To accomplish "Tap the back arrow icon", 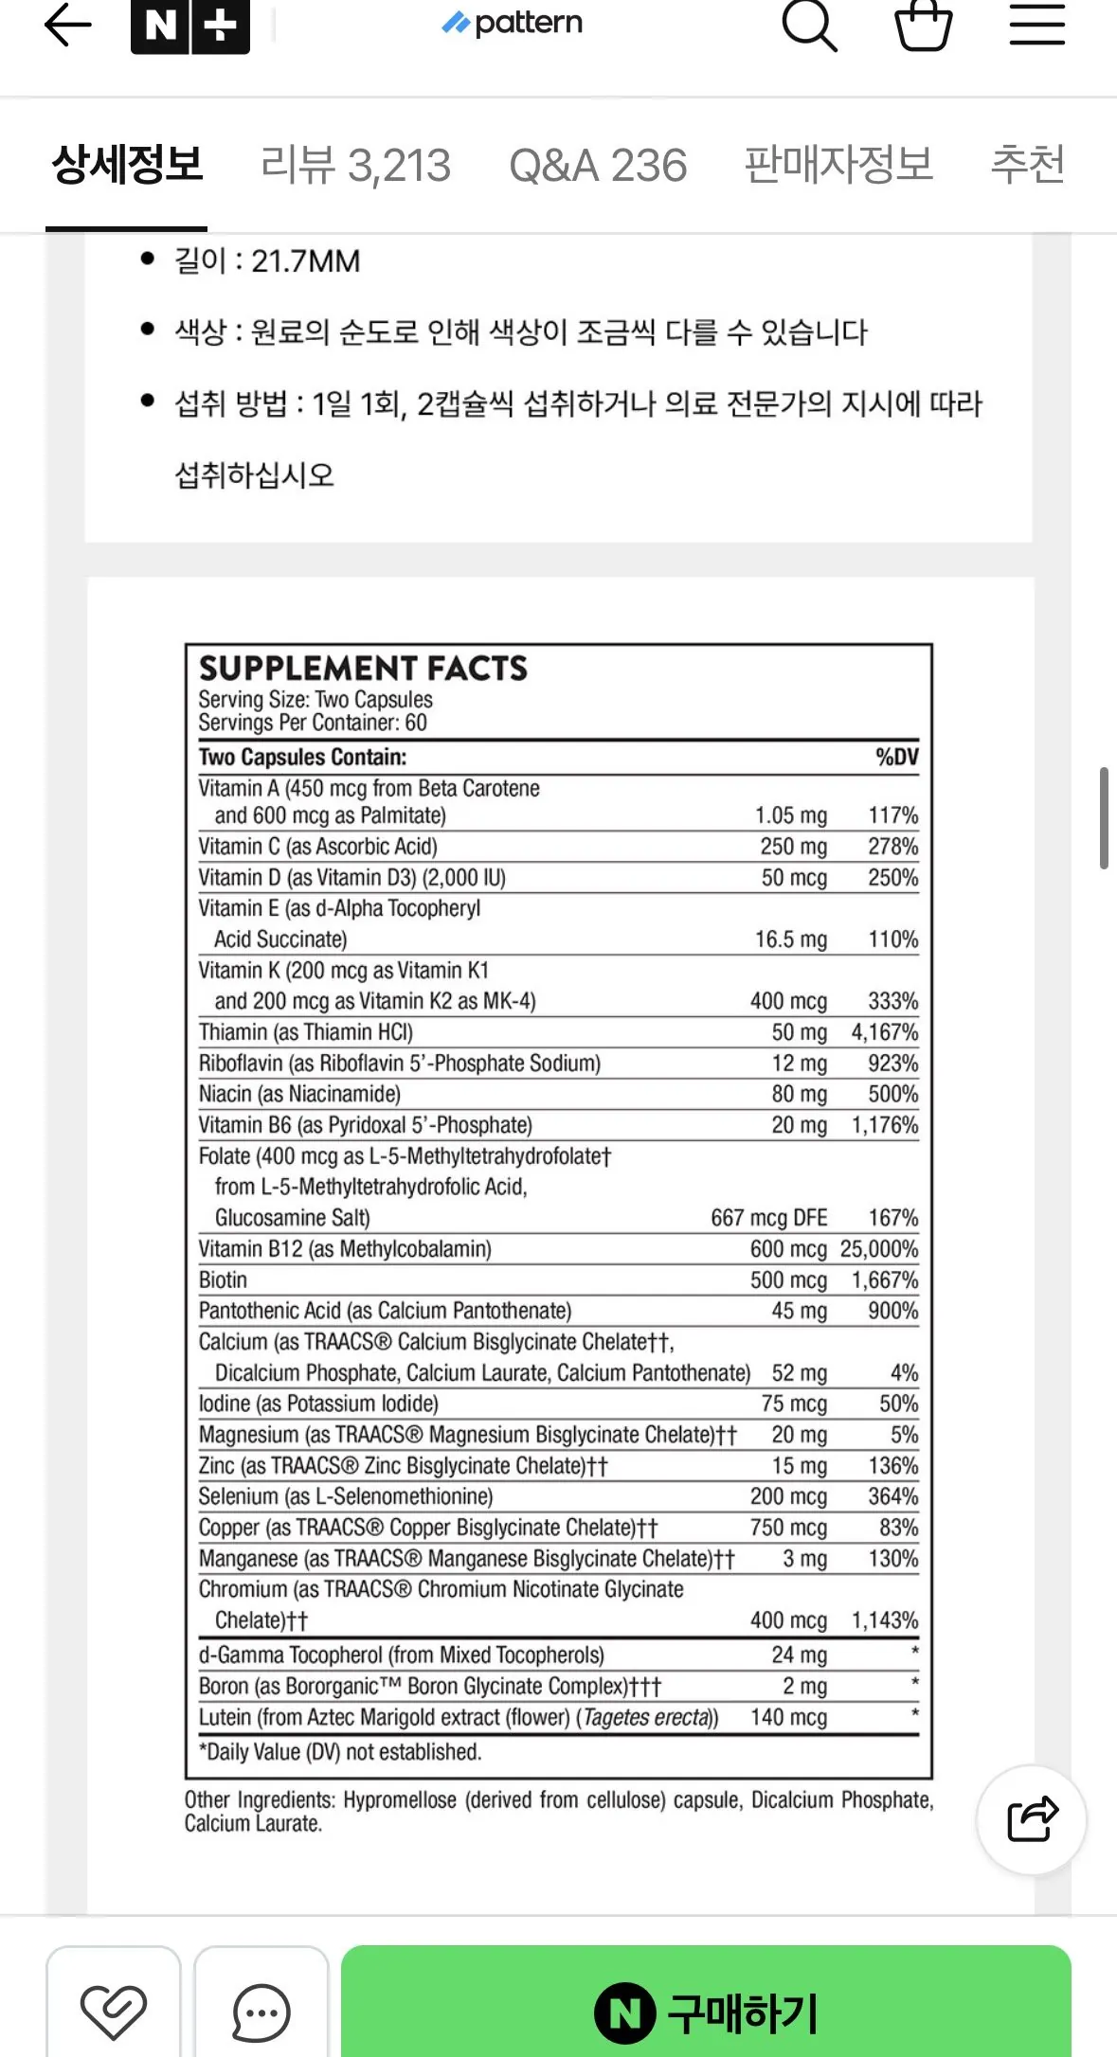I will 68,25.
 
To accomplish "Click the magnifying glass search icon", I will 809,25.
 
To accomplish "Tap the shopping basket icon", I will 923,25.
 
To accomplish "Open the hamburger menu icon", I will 1036,25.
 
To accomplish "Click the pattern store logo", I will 513,23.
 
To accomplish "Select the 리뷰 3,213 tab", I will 355,166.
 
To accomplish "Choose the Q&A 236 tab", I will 598,166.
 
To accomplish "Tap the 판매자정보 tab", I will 838,166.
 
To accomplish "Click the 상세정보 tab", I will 127,166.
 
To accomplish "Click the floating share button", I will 1032,1819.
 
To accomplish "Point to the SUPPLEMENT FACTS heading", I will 363,669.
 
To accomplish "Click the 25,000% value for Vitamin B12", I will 879,1249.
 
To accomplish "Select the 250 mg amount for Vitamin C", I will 793,847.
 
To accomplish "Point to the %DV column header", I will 896,757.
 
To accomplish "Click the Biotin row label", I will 223,1280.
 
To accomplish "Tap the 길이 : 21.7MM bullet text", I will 267,261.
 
